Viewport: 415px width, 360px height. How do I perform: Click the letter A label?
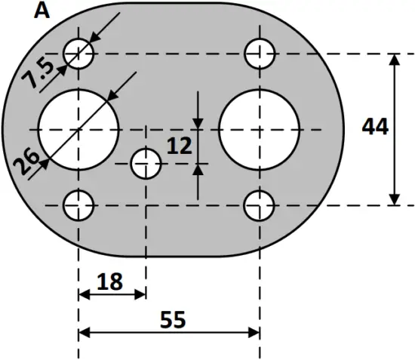coord(43,11)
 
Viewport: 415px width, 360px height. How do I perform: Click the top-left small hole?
coord(78,54)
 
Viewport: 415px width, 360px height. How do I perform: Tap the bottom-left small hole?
coord(78,205)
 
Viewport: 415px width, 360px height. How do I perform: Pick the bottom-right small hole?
coord(260,205)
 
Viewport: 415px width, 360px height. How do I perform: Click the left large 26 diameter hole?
coord(79,129)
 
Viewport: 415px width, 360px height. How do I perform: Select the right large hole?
coord(260,129)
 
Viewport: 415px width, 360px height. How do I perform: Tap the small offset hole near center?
coord(146,163)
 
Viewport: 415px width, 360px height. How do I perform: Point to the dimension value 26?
coord(29,162)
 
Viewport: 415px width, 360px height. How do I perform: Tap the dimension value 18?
coord(110,282)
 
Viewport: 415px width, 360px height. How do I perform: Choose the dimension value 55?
coord(173,320)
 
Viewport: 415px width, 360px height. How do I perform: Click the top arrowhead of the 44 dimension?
coord(394,60)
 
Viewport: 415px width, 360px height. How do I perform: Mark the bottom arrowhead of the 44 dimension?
coord(394,198)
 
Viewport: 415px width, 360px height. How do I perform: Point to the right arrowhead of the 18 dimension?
coord(140,294)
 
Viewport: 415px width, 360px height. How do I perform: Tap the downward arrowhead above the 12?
coord(198,123)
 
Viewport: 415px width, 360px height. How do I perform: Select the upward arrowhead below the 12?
coord(198,169)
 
